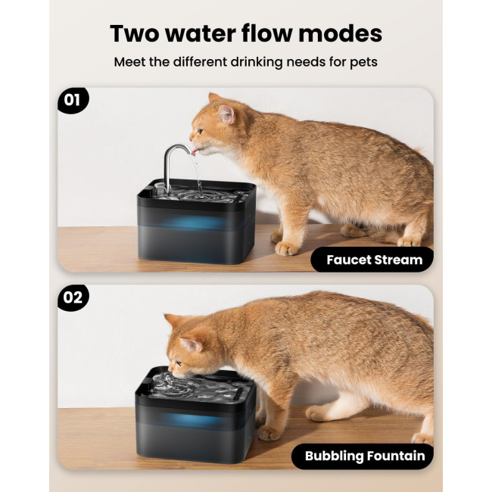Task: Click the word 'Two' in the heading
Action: tap(135, 33)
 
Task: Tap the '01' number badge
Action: tap(73, 101)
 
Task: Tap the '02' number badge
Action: tap(73, 297)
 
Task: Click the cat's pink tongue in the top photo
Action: tap(195, 151)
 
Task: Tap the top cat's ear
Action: tap(227, 114)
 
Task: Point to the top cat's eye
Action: tap(200, 131)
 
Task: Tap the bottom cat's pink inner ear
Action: tap(191, 344)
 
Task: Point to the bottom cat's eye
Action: tap(178, 363)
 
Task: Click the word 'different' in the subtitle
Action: tap(201, 62)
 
